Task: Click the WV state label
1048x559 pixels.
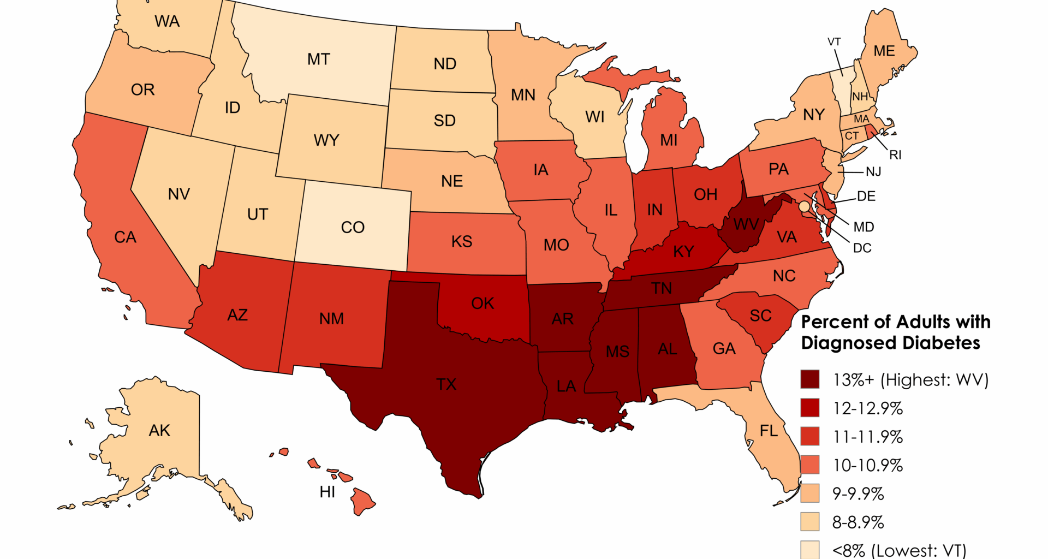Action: (746, 224)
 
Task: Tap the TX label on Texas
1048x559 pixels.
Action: (446, 384)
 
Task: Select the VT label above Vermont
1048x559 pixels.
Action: (834, 42)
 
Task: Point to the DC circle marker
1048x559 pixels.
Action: (803, 207)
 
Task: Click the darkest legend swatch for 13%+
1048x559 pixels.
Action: (809, 379)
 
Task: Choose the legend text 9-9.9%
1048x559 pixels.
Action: (858, 494)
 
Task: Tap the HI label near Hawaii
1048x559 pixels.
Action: (327, 492)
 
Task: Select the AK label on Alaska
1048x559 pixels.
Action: (159, 431)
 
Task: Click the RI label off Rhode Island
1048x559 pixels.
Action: (895, 155)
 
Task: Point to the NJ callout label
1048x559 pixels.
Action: (873, 172)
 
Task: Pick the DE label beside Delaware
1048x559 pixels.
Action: (866, 197)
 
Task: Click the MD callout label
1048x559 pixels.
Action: (864, 227)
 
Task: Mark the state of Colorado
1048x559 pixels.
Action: (353, 227)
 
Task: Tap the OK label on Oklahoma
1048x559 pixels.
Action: (483, 304)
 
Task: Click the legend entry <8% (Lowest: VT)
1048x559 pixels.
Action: (899, 550)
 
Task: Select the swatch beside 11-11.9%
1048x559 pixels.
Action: (809, 437)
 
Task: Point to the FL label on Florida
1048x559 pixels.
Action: (769, 431)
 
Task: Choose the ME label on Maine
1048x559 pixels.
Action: (884, 51)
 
